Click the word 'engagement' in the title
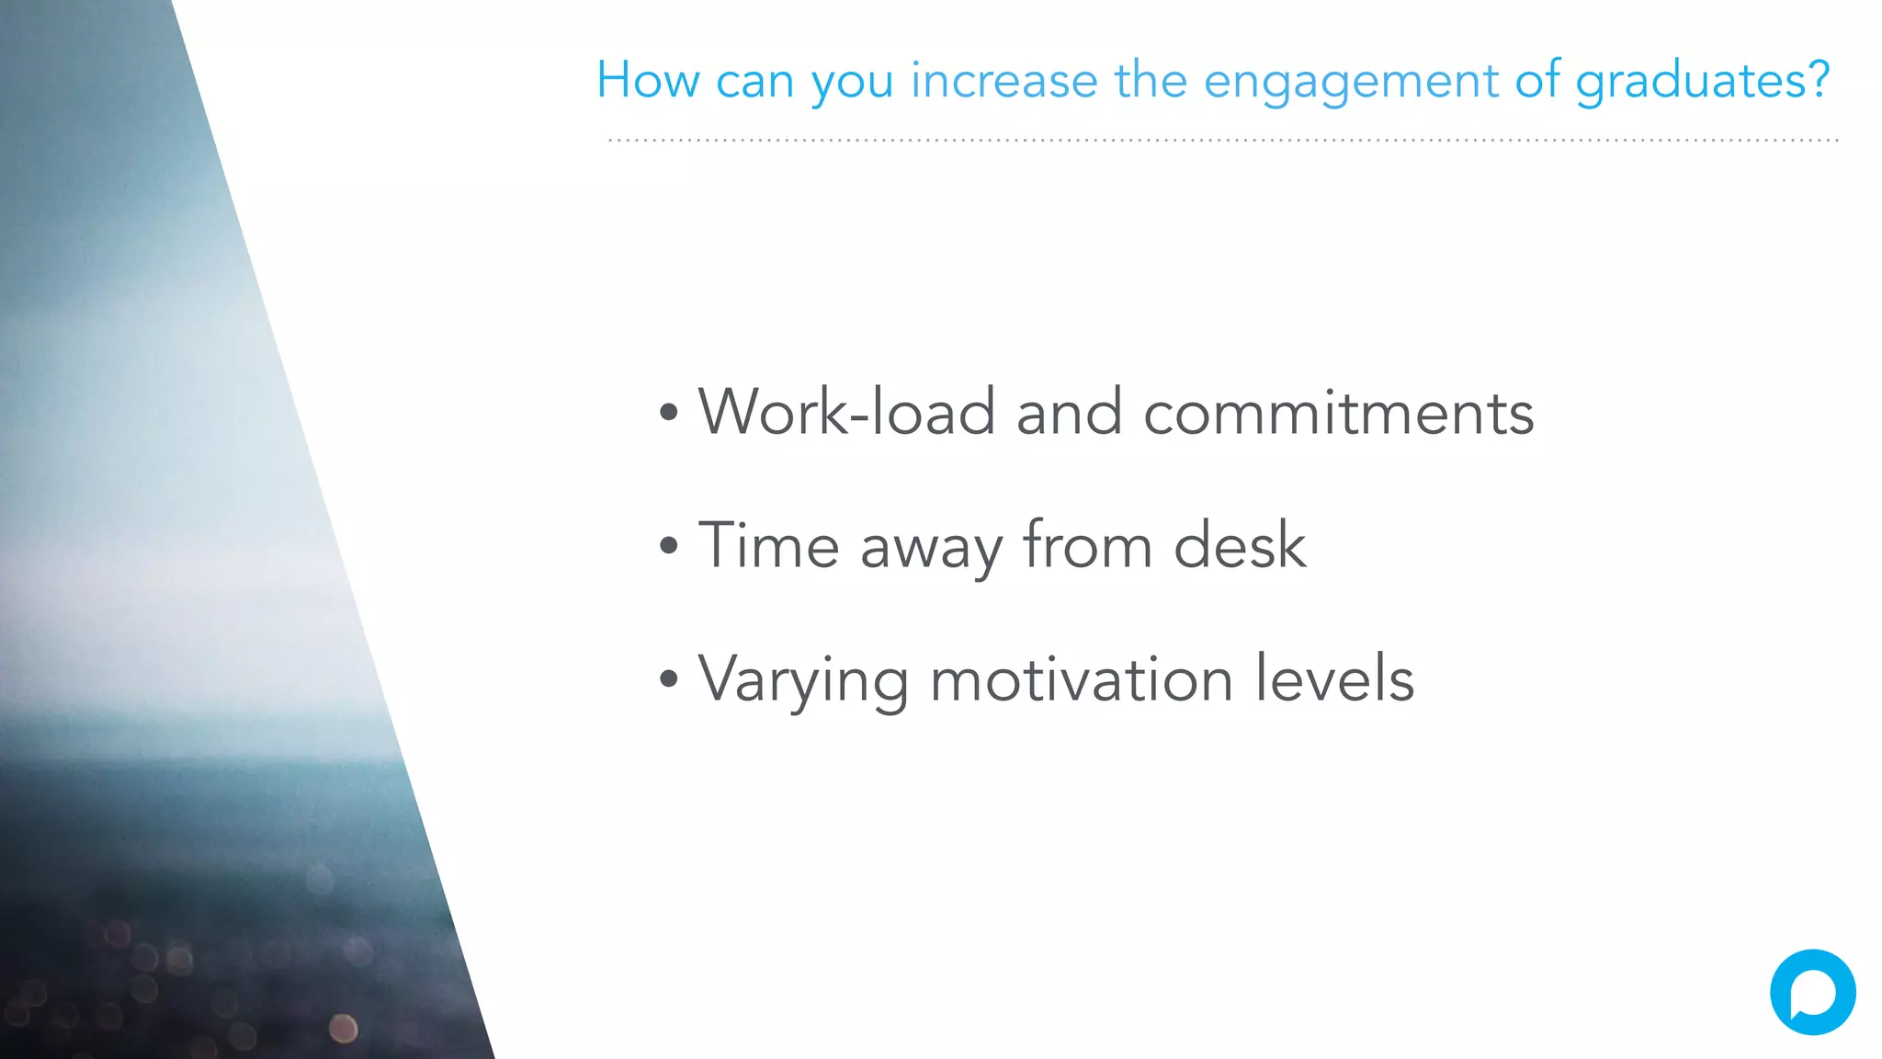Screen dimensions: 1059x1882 click(1350, 81)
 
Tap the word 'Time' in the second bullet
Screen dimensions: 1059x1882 click(769, 545)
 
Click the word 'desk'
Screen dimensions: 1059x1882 click(1240, 545)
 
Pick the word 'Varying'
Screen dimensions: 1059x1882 click(803, 681)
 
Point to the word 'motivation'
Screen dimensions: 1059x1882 click(1081, 679)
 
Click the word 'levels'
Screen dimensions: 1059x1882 click(1334, 679)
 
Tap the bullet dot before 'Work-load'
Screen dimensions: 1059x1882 click(669, 413)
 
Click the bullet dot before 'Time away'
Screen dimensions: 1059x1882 click(669, 546)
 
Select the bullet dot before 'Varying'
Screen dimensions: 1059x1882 click(669, 680)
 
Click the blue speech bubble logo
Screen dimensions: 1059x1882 click(1812, 993)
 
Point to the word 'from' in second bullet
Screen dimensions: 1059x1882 click(1088, 545)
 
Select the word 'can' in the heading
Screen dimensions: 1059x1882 click(754, 81)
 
